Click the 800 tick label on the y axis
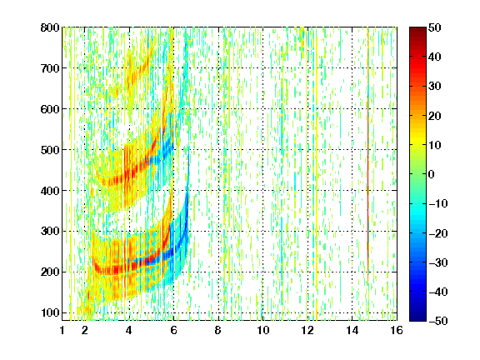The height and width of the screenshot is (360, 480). tap(50, 27)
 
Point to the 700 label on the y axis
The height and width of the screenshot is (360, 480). tap(50, 68)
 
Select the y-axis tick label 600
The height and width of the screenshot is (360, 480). tap(50, 109)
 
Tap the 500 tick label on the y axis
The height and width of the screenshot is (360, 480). tap(50, 150)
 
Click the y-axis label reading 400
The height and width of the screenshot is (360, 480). tap(50, 190)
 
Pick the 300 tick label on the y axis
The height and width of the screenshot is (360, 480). tap(50, 231)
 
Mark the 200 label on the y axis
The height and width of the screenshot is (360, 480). tap(50, 272)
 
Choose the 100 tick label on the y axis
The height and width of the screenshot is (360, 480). tap(50, 312)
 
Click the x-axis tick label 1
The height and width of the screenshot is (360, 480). tap(62, 330)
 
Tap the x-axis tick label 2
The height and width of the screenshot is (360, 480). tap(85, 330)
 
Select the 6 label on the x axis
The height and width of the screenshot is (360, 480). tap(173, 330)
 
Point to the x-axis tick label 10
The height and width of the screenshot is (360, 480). tap(262, 330)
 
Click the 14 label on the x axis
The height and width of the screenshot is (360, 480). tap(352, 330)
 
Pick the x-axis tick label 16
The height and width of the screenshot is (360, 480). tap(397, 330)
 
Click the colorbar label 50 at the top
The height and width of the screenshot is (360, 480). tap(435, 27)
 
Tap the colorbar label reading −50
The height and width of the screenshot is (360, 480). tap(438, 321)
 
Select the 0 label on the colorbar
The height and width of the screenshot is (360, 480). tap(432, 174)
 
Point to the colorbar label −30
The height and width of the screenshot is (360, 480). tap(438, 262)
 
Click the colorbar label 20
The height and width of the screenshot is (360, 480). tap(435, 116)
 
